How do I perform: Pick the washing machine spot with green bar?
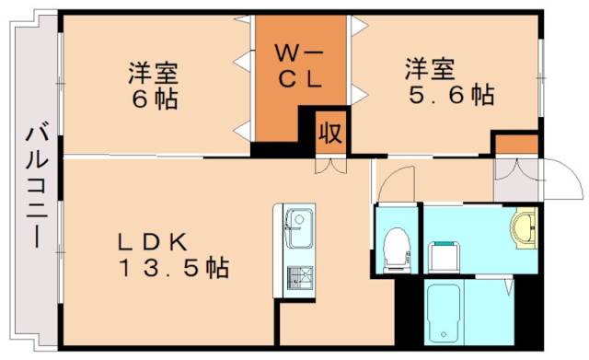click(445, 252)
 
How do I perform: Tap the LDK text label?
click(152, 242)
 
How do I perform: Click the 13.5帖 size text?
click(172, 269)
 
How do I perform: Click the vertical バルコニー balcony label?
click(36, 183)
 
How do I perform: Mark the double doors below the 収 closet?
click(329, 166)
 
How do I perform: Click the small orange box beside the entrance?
click(515, 144)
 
